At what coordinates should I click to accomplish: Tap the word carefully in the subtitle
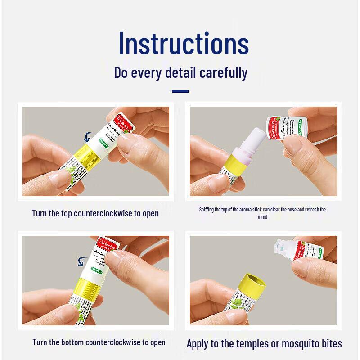[224, 72]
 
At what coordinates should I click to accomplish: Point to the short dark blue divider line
[180, 91]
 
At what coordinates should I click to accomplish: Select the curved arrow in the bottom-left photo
[82, 262]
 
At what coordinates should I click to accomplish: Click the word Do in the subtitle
[121, 72]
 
